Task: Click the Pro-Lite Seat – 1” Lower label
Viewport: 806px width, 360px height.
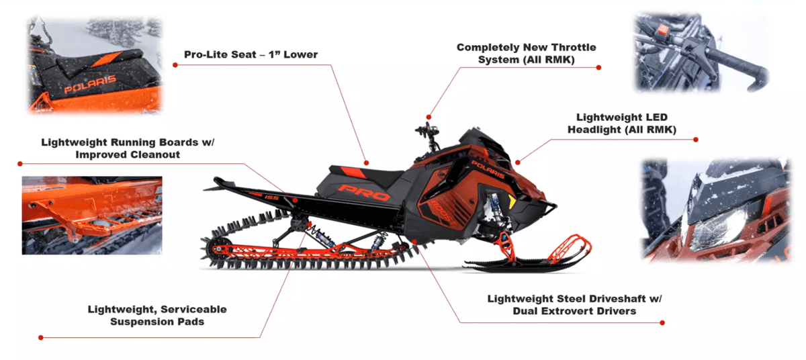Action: pos(251,54)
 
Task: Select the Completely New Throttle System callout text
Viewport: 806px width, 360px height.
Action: pos(527,53)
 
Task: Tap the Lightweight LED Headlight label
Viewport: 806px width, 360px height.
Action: pos(622,123)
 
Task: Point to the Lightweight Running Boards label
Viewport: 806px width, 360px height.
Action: pos(128,148)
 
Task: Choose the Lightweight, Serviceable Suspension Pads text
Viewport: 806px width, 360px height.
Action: pos(157,315)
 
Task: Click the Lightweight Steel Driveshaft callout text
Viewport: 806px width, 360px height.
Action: pos(575,305)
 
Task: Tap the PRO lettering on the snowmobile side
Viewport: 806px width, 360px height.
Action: pos(363,192)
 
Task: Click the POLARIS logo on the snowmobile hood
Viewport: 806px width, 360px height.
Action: pos(488,169)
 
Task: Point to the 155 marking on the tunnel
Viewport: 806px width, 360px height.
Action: pos(271,197)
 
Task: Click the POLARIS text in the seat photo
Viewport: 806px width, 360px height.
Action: pos(90,84)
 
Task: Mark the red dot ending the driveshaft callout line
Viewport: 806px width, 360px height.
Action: pos(662,322)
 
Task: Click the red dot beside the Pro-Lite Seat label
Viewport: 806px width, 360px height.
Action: pos(175,64)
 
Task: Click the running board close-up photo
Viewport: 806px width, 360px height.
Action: pos(92,216)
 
